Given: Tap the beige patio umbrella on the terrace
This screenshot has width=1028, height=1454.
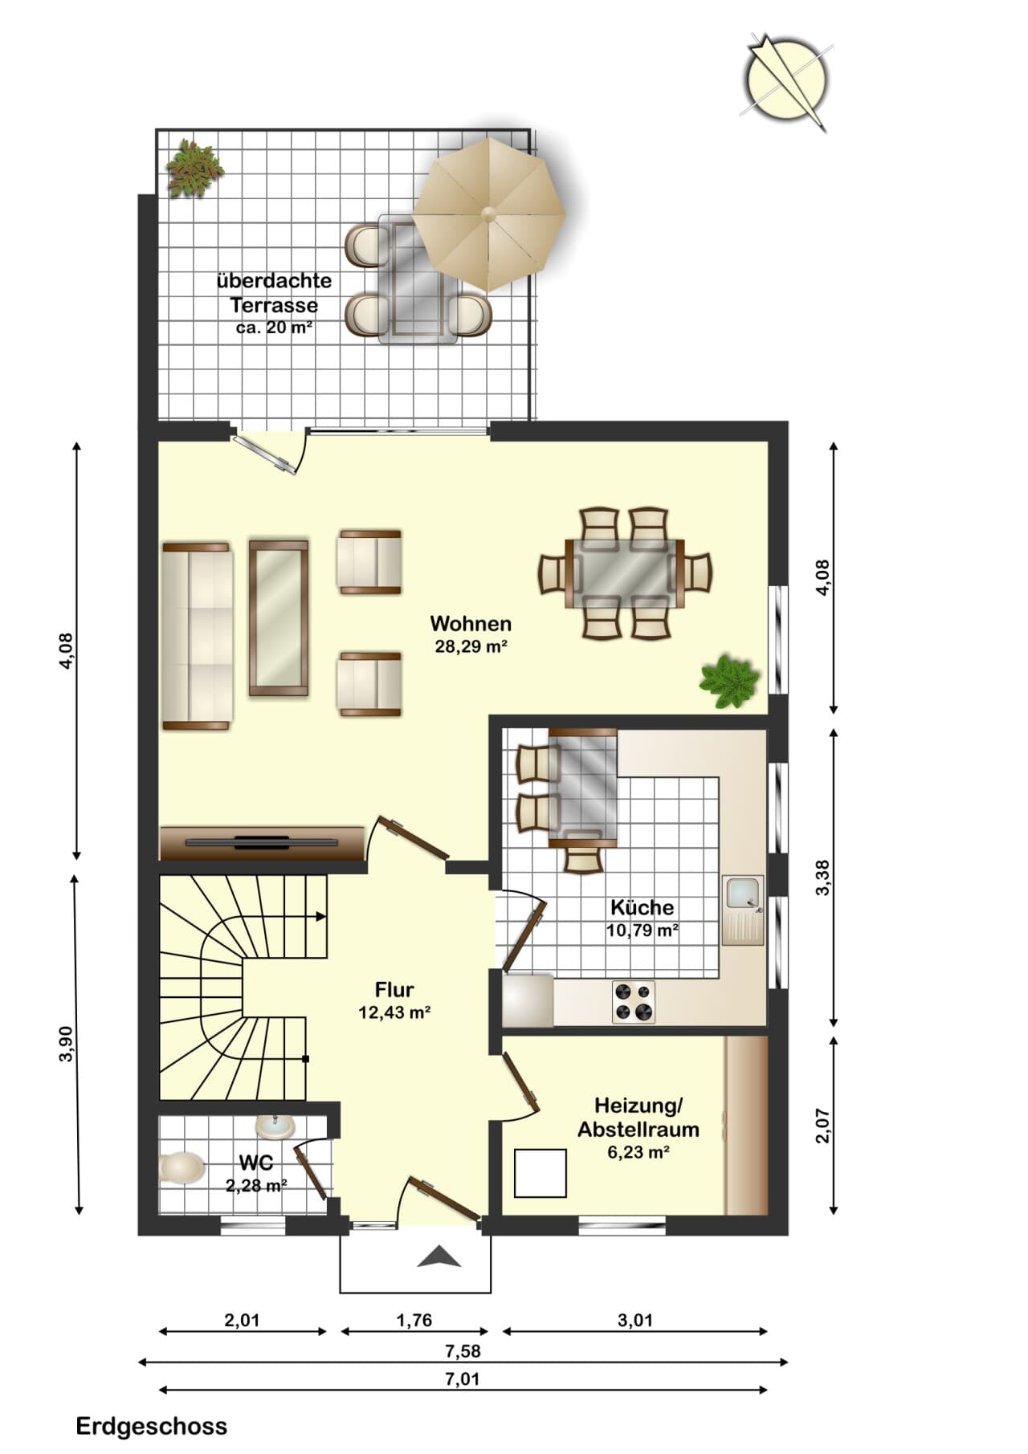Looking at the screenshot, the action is click(488, 214).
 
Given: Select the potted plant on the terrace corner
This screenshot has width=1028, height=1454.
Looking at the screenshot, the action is click(194, 168).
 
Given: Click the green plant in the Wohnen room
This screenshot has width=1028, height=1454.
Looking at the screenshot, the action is click(729, 682).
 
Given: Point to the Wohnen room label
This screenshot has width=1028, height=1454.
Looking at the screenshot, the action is click(471, 623).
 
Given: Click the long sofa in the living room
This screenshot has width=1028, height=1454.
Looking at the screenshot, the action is click(197, 636).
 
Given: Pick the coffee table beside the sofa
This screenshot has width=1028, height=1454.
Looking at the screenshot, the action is click(279, 617).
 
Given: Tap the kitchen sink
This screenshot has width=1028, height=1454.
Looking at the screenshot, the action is click(743, 910).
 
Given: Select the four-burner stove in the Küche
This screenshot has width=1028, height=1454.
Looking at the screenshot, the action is click(634, 1001).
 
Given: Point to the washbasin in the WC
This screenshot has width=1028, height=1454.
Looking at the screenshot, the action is click(275, 1126).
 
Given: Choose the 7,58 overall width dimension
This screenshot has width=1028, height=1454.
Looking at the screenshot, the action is click(463, 1351).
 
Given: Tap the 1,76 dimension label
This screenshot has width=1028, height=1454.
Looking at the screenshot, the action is click(414, 1320).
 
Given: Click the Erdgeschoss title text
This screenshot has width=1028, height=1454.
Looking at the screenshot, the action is click(152, 1426).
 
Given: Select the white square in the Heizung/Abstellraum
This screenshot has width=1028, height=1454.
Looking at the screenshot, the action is click(541, 1173).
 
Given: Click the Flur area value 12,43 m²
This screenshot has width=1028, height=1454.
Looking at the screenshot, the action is click(394, 1013).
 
